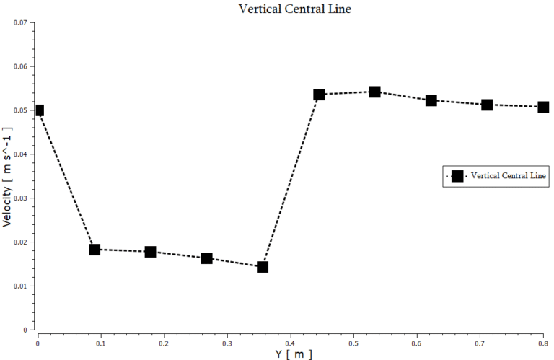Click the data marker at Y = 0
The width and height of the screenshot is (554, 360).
tap(39, 110)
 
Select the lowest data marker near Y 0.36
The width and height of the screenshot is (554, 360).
tap(263, 267)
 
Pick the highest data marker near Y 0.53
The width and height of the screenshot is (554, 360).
tap(374, 92)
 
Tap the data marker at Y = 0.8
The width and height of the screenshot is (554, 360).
tap(543, 107)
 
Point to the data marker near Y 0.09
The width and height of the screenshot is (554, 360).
tap(94, 250)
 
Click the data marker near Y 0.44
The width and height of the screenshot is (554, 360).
tap(319, 95)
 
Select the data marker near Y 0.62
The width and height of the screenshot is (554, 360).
tap(431, 100)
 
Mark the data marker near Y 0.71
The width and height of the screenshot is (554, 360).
tap(487, 105)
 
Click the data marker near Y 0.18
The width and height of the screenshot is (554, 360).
tap(150, 252)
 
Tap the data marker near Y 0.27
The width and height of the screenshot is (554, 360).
tap(206, 258)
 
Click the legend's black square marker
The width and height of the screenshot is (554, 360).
tap(457, 176)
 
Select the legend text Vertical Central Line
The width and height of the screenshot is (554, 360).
tap(509, 176)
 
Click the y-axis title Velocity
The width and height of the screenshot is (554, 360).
tap(7, 176)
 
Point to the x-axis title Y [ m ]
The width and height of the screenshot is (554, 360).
tap(294, 354)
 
